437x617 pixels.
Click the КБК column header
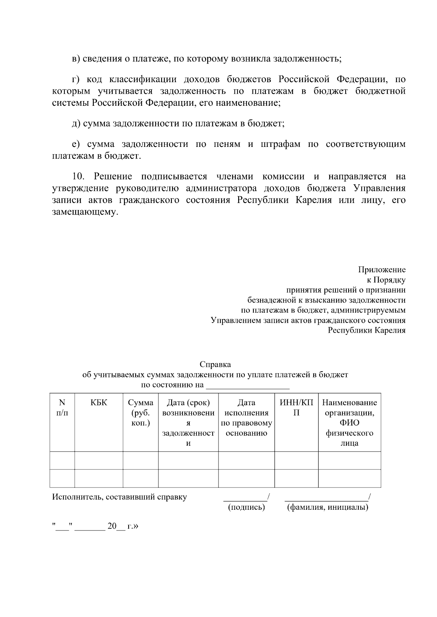[x=99, y=402]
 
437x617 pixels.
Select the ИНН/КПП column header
[x=296, y=408]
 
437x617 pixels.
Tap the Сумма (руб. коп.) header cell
[x=141, y=413]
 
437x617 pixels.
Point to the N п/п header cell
[x=62, y=408]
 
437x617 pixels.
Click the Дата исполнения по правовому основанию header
[x=246, y=418]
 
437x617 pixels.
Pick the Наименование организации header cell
[x=349, y=422]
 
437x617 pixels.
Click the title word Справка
[x=215, y=364]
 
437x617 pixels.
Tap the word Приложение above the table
[x=382, y=270]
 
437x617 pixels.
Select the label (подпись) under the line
[x=246, y=507]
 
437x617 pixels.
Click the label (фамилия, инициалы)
[x=327, y=507]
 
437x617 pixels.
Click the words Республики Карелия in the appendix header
[x=366, y=330]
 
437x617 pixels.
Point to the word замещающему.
[x=85, y=212]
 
